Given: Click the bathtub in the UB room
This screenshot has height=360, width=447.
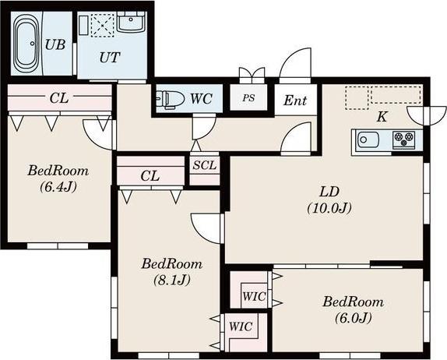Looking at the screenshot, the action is click(x=26, y=44).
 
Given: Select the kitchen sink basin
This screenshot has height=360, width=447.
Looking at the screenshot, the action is click(x=368, y=139).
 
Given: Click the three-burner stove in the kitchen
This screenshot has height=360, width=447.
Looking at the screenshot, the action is click(x=403, y=139).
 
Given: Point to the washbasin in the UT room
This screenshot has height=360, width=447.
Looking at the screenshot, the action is click(x=131, y=21).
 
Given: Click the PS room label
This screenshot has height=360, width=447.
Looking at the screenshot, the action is click(x=248, y=98).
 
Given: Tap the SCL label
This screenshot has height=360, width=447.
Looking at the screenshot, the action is click(x=204, y=165).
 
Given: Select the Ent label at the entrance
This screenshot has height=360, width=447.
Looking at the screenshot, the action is click(x=295, y=100).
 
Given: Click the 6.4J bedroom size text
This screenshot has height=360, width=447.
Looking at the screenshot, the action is click(x=58, y=187).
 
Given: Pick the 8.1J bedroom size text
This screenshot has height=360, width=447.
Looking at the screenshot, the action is click(x=172, y=280).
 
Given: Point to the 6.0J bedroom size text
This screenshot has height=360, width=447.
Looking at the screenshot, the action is click(x=354, y=318).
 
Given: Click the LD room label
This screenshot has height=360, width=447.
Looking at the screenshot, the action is click(x=329, y=192).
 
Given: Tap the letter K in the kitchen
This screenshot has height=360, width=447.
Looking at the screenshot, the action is click(x=382, y=117).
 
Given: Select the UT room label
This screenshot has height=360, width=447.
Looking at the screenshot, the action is click(x=110, y=58).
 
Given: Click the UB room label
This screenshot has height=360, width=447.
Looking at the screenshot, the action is click(x=55, y=44).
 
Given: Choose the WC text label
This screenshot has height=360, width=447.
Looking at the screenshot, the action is click(x=201, y=99).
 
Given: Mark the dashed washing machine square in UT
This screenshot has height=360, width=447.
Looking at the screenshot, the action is click(x=102, y=25).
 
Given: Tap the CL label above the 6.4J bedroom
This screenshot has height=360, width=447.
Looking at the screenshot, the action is click(x=59, y=98).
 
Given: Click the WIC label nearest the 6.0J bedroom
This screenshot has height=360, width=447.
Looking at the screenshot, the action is click(x=255, y=296).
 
